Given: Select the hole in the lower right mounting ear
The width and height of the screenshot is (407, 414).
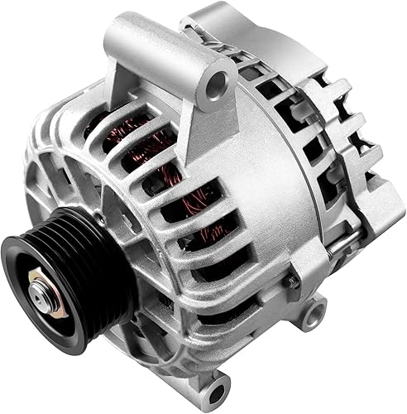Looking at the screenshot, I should (x=313, y=314).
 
